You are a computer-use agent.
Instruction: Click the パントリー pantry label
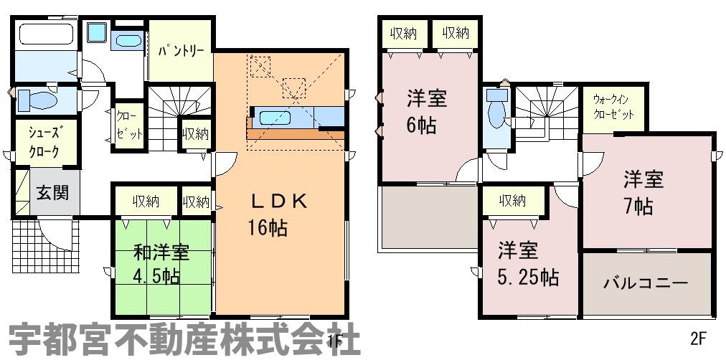click(x=181, y=51)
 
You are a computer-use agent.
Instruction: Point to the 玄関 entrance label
click(x=53, y=193)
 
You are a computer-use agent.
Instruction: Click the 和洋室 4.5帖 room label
click(x=161, y=264)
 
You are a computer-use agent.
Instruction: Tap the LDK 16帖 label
click(x=278, y=214)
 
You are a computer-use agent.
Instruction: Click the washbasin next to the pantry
click(x=128, y=40)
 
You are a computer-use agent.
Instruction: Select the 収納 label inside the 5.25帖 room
click(x=512, y=201)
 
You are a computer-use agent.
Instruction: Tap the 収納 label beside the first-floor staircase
click(x=194, y=134)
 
